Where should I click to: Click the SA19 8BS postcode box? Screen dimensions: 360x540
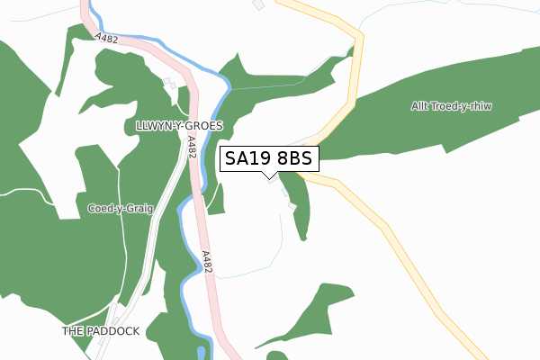[x=268, y=159]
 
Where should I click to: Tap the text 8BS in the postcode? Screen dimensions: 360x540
[x=292, y=159]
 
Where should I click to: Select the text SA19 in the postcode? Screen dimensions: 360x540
[x=246, y=159]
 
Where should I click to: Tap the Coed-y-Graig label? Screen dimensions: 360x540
[x=120, y=209]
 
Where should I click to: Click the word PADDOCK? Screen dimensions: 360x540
[x=113, y=331]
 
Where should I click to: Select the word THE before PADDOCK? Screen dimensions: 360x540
[x=73, y=331]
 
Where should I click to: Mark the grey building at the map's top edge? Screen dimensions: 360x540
[x=259, y=4]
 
